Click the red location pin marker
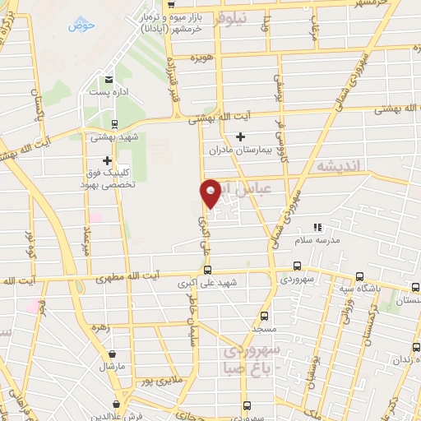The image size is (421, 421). pos(211,192)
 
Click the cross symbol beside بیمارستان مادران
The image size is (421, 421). pos(240,136)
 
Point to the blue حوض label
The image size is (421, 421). pos(83,25)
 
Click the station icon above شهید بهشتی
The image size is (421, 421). pos(113,124)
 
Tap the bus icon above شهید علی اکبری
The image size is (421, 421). pos(206,269)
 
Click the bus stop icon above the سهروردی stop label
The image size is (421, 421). pos(298,266)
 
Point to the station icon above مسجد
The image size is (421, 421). pos(264,315)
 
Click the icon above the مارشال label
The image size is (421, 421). pos(109,352)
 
